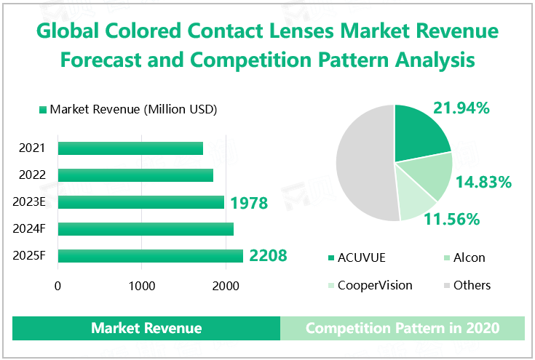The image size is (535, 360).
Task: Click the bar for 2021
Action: (130, 148)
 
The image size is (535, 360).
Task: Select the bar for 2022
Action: (135, 175)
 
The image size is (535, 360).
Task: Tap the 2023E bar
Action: (140, 202)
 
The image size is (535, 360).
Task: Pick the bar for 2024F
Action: (146, 229)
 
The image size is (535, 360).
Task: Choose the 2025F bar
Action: (150, 256)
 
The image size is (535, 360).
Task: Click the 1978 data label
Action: (249, 203)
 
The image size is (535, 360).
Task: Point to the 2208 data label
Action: (268, 256)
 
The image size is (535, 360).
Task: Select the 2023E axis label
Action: (30, 202)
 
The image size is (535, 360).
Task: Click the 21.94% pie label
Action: (461, 108)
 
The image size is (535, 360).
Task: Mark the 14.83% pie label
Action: (483, 182)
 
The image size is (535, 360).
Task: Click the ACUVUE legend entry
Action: (361, 257)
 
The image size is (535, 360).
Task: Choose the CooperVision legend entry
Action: (370, 285)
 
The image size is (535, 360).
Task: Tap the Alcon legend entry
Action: (463, 257)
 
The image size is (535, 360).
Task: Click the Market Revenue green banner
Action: (146, 328)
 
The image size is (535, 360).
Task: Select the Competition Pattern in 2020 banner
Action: (403, 328)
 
